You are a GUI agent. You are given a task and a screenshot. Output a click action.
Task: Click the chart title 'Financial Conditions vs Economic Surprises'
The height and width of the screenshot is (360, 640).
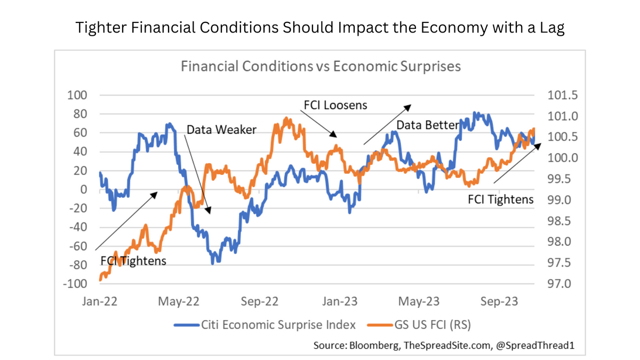point(321,67)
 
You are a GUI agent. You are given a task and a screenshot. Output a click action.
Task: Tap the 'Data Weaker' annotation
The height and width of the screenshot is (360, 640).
point(221,130)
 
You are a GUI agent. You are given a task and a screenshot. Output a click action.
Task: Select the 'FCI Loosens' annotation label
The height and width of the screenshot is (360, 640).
point(335,105)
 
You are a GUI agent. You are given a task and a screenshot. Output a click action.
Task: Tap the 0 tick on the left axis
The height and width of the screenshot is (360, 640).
point(83,189)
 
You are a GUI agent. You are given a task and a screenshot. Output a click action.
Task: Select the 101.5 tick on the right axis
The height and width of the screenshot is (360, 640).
point(563,95)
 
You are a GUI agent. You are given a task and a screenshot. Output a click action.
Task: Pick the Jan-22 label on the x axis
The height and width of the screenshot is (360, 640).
point(100,301)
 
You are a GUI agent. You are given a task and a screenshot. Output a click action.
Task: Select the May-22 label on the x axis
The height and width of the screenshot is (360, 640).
point(180,301)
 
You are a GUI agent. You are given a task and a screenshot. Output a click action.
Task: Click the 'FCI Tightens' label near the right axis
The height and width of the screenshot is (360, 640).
point(501,199)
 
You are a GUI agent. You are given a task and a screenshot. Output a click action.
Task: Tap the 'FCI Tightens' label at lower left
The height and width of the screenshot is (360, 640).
point(133,261)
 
